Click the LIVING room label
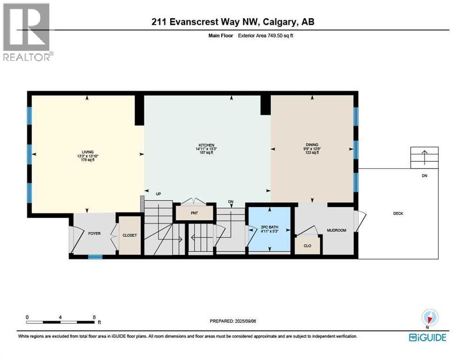point(87,152)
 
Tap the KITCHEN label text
point(206,145)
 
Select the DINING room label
point(312,145)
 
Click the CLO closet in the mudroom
point(308,245)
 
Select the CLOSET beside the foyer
point(129,235)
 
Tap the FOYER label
point(95,233)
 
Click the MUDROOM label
point(336,231)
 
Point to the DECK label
point(398,214)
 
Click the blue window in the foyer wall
point(95,256)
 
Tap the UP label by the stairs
point(158,193)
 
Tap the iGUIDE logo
point(427,337)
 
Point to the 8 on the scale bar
point(94,317)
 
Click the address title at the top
point(233,22)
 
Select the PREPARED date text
point(233,321)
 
